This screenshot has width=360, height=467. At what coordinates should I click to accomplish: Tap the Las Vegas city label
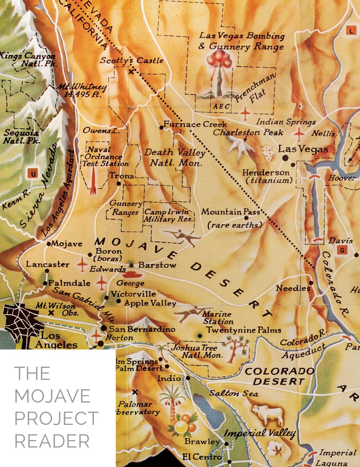pos(303,149)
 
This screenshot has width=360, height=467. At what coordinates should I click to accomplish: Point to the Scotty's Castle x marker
pos(131,71)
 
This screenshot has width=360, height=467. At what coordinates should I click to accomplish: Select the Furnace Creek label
pos(195,124)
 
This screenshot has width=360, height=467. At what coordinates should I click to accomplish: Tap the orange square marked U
pos(33,174)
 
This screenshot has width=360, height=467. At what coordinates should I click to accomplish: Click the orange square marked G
pos(342,250)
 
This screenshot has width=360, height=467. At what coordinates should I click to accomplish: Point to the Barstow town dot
pos(132,265)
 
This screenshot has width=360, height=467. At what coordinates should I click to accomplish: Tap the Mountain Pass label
pos(230,212)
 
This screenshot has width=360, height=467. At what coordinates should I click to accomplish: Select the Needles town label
pos(293,288)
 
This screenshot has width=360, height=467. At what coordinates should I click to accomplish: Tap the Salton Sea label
pos(234,393)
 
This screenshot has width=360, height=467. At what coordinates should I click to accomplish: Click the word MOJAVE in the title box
pos(52,396)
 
